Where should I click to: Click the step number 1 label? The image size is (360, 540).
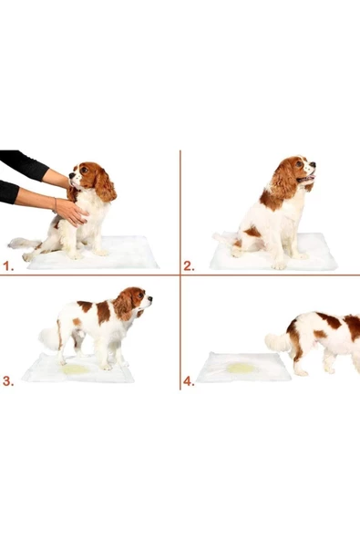coord(8,266)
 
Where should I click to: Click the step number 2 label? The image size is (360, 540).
coord(189,266)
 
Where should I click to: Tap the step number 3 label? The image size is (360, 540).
coord(8,381)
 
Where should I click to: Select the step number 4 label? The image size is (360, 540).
coord(189,382)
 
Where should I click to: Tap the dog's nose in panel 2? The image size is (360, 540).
coord(313,167)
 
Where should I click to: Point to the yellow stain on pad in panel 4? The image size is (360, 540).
coord(242,368)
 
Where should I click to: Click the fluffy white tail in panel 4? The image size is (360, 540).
coord(277,342)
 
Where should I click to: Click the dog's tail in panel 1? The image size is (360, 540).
coord(22,244)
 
